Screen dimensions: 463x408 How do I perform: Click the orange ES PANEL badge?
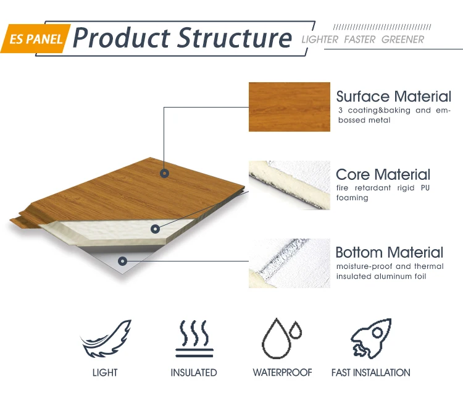(35, 39)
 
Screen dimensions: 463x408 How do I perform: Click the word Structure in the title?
(235, 38)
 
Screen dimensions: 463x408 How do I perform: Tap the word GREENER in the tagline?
(403, 40)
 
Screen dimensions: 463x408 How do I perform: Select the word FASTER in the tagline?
(360, 40)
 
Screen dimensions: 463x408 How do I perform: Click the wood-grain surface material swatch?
(290, 107)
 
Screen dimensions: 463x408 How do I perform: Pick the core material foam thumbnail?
(290, 185)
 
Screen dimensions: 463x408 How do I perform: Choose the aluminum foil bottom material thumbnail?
(290, 263)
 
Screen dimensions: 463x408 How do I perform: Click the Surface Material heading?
(394, 96)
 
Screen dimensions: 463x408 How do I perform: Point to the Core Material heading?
(383, 174)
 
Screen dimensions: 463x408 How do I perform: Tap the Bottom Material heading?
(390, 252)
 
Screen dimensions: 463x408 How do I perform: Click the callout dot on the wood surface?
(164, 173)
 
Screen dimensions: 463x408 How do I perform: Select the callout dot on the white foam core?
(155, 229)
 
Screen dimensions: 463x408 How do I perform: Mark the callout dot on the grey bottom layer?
(123, 261)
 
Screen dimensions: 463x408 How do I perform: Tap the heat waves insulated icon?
(194, 338)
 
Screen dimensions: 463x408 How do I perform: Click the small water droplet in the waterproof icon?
(295, 330)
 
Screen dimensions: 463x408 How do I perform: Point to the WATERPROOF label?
(282, 373)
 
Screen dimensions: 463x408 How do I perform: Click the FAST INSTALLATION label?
(371, 373)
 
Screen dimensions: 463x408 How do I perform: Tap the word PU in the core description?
(425, 188)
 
